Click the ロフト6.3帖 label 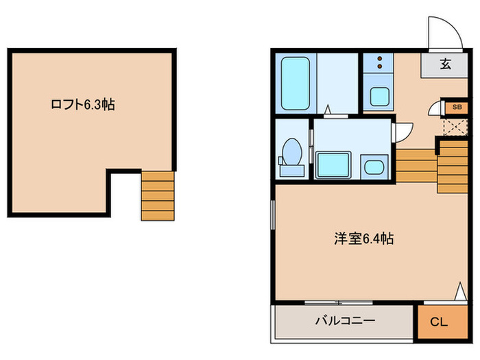(82, 105)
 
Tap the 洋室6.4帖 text (363, 239)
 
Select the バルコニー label (345, 320)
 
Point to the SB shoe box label (457, 108)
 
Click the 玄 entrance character (445, 65)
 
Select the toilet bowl (293, 150)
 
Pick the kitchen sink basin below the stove (379, 96)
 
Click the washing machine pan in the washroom (335, 165)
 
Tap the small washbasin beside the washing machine (374, 167)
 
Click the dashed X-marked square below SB (452, 125)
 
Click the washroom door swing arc (405, 130)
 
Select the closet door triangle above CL (460, 291)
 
